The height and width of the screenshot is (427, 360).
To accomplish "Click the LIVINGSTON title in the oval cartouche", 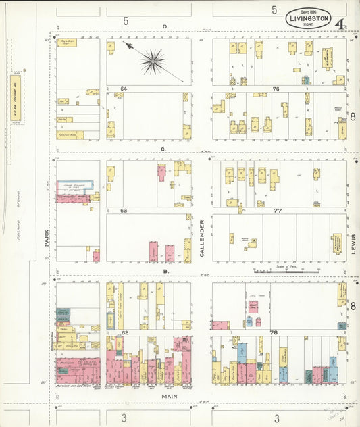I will [x=309, y=18].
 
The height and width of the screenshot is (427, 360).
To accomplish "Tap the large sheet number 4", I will [x=344, y=25].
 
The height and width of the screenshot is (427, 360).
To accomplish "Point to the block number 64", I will [x=124, y=89].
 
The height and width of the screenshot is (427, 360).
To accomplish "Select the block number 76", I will [x=276, y=89].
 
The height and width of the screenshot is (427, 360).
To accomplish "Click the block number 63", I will [x=124, y=211].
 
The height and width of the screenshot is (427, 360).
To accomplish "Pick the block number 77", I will [x=277, y=211].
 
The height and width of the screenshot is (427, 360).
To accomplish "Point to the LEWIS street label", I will [x=353, y=241].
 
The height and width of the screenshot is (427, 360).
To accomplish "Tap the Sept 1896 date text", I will [x=308, y=11].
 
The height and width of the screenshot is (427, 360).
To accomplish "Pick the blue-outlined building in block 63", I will [x=77, y=186].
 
